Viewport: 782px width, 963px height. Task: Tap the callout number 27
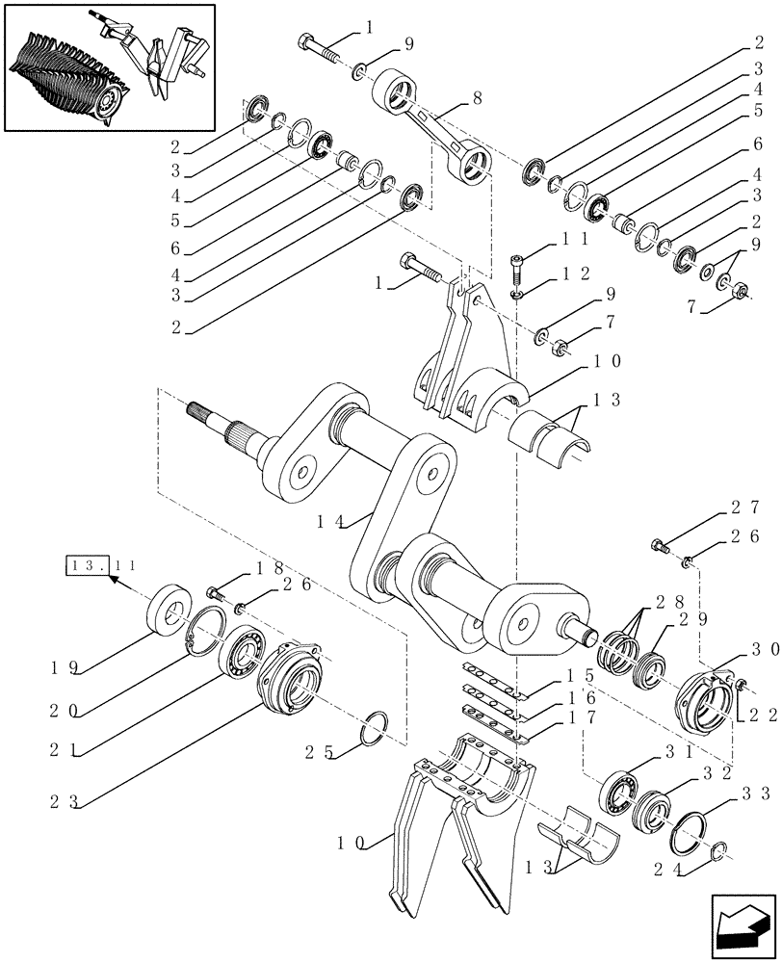click(x=745, y=508)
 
